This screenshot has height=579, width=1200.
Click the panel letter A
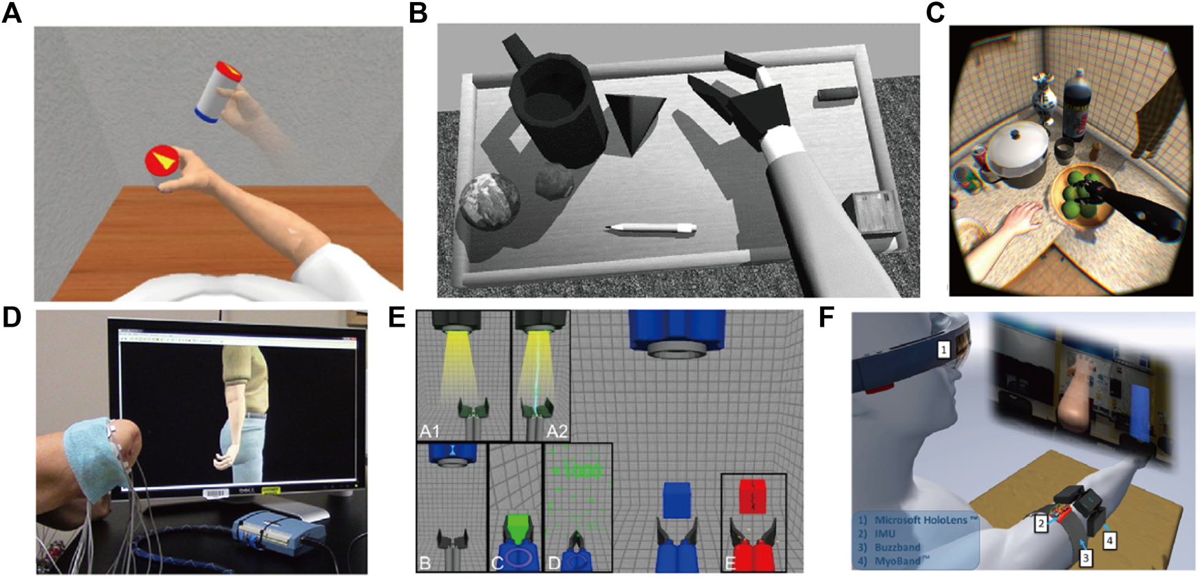[11, 13]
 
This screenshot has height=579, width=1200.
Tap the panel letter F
[826, 318]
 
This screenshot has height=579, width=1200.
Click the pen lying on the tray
[650, 228]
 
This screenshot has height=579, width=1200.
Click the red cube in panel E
[753, 496]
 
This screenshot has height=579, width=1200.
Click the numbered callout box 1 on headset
[944, 350]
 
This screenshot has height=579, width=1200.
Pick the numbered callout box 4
[1109, 540]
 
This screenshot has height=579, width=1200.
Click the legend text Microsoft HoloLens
[925, 521]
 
